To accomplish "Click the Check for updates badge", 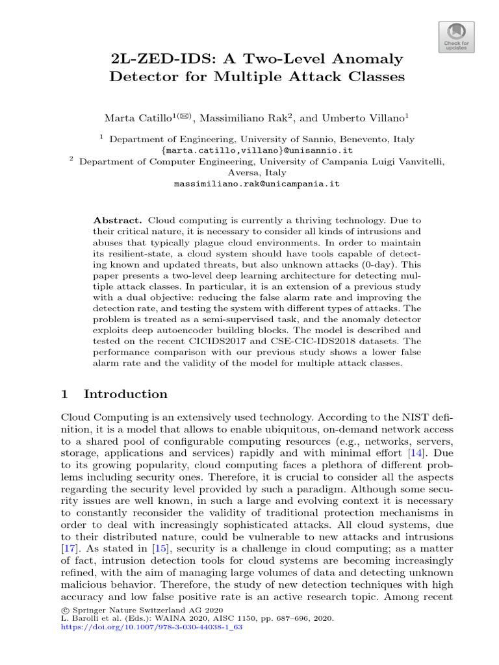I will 455,36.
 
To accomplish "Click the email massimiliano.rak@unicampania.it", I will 257,184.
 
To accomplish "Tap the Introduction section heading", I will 125,394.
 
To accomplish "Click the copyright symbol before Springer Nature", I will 64,610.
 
